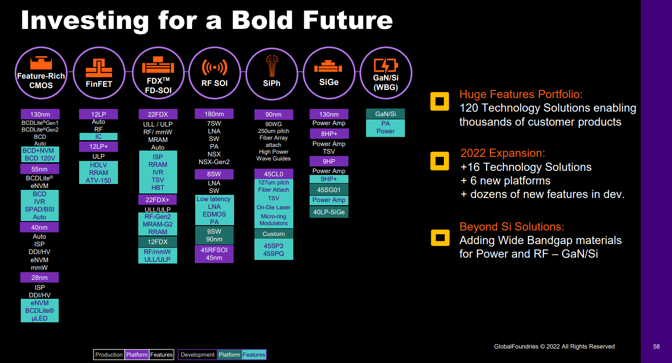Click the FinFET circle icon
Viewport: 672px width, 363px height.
[99, 73]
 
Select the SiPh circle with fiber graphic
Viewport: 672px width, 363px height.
[272, 73]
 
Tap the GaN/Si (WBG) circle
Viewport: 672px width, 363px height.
[385, 73]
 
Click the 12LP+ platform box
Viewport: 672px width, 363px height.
[98, 146]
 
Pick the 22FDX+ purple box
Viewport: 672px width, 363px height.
[157, 200]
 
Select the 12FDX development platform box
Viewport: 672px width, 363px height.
[157, 242]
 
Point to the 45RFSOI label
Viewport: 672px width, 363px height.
[214, 250]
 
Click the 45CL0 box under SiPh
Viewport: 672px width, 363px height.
[273, 174]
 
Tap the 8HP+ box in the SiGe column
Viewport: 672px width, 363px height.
[329, 134]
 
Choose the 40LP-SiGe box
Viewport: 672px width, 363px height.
[329, 212]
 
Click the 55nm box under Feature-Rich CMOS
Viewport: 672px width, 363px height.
[39, 169]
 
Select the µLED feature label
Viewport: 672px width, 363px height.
[39, 318]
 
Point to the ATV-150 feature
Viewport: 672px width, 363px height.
[98, 180]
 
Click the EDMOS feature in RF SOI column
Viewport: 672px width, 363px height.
[214, 214]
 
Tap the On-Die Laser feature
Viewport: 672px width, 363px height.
[273, 207]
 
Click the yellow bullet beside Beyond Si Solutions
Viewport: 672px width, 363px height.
[440, 237]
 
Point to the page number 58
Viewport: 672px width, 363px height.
[656, 347]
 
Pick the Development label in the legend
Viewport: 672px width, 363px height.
[197, 355]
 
